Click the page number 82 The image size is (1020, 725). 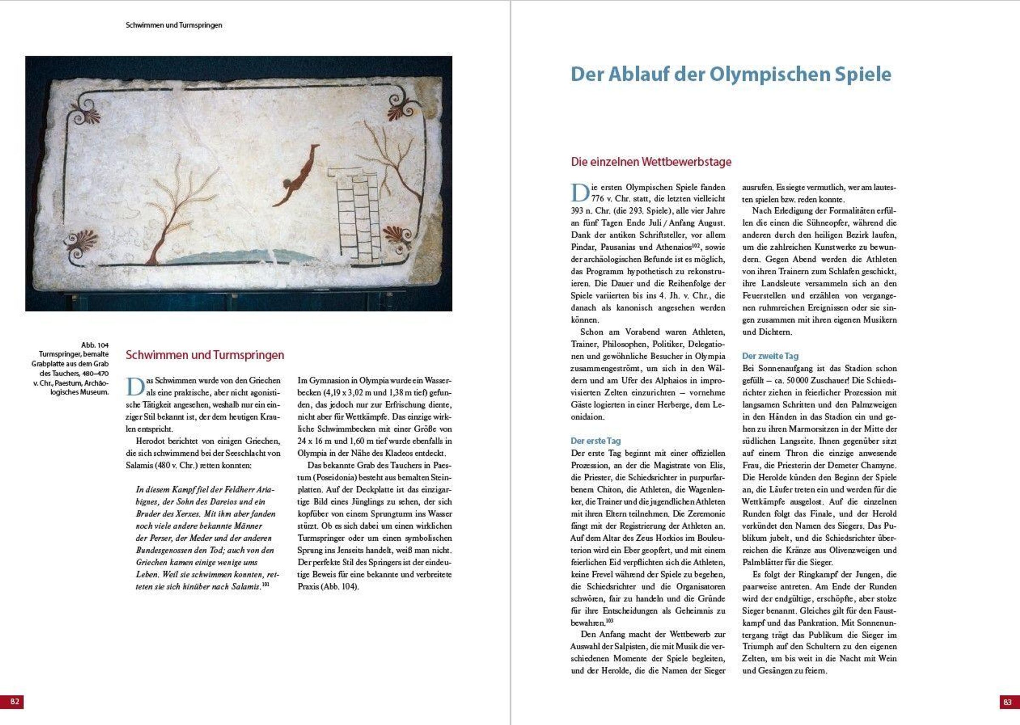pos(14,701)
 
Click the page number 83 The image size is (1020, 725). pos(1007,702)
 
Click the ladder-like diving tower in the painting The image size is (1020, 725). pos(357,214)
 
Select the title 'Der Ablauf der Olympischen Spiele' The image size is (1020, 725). pos(731,74)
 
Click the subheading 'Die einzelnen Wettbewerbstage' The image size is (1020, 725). pos(651,162)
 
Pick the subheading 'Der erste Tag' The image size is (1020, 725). pos(595,440)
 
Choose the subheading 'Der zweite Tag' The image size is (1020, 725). pos(770,356)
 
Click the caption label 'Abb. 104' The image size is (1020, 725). pos(95,345)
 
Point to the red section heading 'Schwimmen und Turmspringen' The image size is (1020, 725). pos(204,355)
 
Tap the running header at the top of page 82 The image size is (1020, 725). pos(174,25)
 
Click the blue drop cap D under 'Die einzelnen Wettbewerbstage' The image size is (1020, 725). pos(580,193)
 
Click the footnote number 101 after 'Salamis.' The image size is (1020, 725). pos(265,584)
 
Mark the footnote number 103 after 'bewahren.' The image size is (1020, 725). pos(609,621)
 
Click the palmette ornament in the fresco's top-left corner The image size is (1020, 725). pos(86,112)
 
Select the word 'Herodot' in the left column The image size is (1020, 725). pos(150,441)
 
